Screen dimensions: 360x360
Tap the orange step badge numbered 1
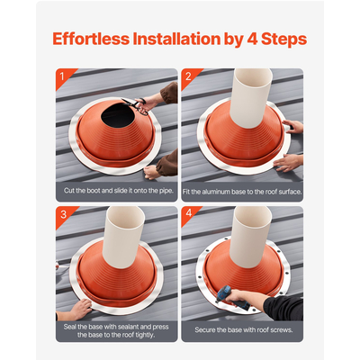pyautogui.click(x=62, y=75)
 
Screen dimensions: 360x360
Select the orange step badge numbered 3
pyautogui.click(x=62, y=213)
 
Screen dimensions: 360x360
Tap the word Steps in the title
pyautogui.click(x=286, y=40)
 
